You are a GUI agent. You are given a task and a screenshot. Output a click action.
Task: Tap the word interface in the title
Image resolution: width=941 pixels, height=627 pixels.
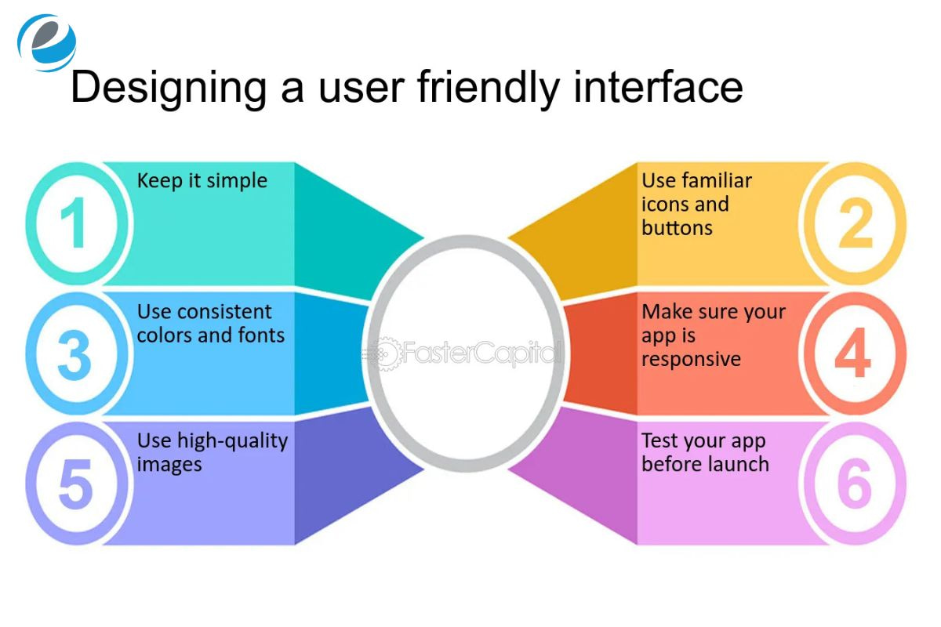658,87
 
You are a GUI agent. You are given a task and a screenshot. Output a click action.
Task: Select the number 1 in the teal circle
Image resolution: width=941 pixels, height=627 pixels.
74,224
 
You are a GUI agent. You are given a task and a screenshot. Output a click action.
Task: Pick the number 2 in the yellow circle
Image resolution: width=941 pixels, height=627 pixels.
855,224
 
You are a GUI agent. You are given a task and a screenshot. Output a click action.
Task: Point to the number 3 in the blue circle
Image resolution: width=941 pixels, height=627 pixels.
74,354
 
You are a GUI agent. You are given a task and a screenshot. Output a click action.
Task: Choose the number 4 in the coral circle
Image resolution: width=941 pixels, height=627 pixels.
853,354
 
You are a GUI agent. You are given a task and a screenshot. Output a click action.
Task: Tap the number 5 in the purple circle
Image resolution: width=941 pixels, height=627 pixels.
75,484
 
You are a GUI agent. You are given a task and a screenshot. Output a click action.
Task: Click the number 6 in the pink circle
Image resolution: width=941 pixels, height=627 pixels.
854,484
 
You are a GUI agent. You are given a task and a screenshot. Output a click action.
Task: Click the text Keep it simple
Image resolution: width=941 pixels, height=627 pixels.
202,181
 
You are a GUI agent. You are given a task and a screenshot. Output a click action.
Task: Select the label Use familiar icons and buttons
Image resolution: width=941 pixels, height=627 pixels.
685,204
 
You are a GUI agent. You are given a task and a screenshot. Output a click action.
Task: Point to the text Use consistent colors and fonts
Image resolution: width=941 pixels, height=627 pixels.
210,324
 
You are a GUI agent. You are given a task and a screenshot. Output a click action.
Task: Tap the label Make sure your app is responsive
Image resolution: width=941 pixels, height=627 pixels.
713,335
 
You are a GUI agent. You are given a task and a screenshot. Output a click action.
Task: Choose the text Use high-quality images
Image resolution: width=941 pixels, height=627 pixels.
212,452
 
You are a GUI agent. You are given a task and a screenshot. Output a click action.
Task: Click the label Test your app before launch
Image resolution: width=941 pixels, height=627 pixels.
704,452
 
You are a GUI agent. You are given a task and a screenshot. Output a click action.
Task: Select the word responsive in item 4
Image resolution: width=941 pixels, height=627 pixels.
691,359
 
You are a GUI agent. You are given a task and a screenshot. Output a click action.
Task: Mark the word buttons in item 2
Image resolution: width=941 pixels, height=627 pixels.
677,228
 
